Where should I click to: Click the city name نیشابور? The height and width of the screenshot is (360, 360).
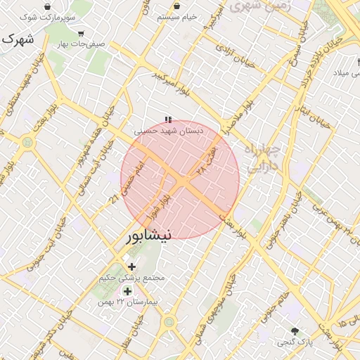[148, 236]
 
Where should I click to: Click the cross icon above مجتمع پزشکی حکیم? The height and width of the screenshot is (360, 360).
[131, 266]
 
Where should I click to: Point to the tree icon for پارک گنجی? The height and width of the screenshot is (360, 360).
[295, 330]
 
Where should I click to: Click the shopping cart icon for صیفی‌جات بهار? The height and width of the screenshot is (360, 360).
[81, 33]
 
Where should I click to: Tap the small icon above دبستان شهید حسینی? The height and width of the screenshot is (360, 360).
[167, 120]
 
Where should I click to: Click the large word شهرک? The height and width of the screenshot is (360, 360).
[17, 40]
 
